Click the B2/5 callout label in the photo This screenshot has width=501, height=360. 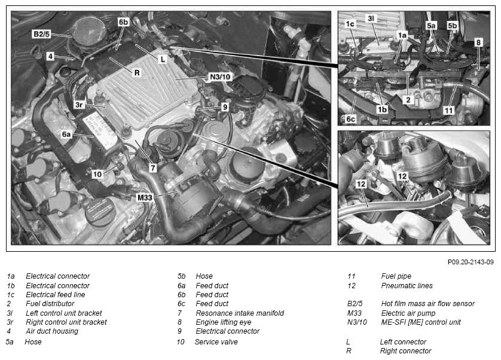click(41, 34)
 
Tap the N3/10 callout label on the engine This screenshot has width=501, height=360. click(220, 77)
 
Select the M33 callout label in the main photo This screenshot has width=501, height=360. click(145, 197)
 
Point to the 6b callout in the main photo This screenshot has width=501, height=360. click(123, 22)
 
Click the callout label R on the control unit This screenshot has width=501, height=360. click(137, 72)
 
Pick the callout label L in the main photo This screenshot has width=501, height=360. click(163, 59)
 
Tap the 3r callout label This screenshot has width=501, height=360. click(79, 105)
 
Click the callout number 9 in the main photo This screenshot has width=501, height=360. click(225, 107)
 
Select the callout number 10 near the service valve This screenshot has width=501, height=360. click(97, 174)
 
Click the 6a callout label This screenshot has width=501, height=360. click(66, 135)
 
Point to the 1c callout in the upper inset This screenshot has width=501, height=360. click(350, 24)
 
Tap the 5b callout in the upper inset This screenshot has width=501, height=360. click(452, 25)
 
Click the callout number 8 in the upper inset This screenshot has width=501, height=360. click(478, 42)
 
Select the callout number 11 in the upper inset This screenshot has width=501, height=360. click(448, 111)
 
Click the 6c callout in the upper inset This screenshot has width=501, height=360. click(350, 119)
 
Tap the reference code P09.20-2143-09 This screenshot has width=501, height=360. click(471, 262)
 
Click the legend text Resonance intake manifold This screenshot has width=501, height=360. click(240, 313)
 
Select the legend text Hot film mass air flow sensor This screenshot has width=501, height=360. click(428, 303)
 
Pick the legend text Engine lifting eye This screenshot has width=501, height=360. click(224, 322)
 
